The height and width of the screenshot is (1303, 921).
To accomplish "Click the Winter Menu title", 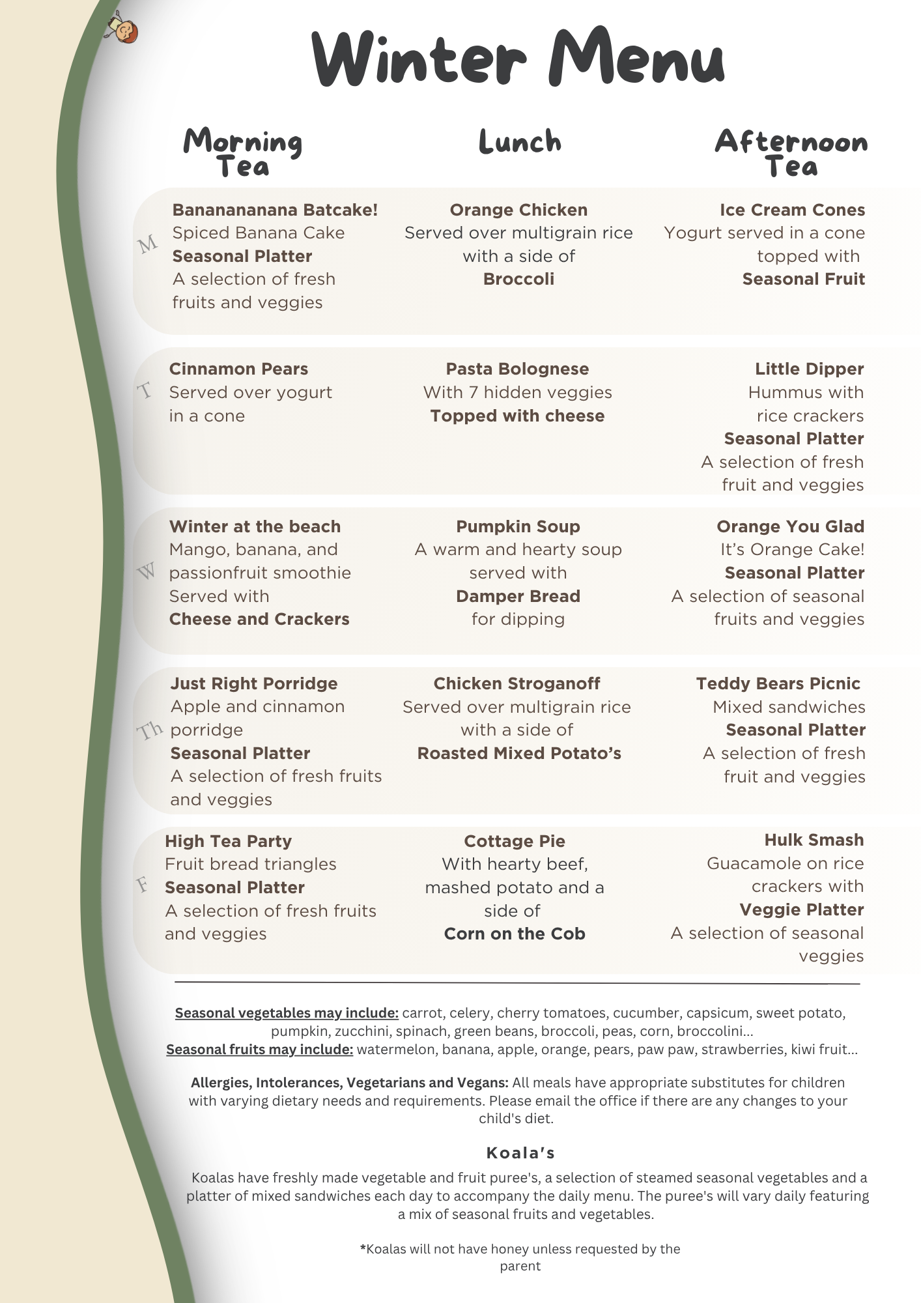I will click(x=518, y=59).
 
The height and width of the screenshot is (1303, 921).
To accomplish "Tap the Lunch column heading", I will click(x=520, y=141).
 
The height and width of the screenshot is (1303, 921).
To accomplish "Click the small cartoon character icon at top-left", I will click(x=123, y=27).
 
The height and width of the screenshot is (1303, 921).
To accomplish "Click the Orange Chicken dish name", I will click(x=518, y=210).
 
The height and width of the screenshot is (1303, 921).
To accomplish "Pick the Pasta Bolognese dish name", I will click(x=517, y=369).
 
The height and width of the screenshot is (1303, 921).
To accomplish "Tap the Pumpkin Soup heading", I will click(x=518, y=526).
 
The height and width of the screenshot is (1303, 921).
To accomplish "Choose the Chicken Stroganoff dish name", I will click(x=517, y=683).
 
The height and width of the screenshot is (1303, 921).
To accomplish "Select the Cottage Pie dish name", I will click(x=515, y=841).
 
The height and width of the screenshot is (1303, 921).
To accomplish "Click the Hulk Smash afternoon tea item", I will click(x=814, y=840).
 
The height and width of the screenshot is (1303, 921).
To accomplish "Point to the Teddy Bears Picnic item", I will click(x=778, y=683).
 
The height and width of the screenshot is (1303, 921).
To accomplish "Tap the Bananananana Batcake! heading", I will click(x=275, y=210).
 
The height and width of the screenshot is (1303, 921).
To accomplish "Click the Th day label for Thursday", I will click(x=150, y=730).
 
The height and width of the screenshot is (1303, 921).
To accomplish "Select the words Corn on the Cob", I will click(x=515, y=934).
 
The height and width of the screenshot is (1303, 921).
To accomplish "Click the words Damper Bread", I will click(x=518, y=596).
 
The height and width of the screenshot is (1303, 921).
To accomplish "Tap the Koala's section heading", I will click(x=520, y=1153).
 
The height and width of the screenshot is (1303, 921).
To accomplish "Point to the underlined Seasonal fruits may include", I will click(x=260, y=1050).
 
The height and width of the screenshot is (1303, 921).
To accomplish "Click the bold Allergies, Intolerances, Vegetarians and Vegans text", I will click(x=350, y=1083).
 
